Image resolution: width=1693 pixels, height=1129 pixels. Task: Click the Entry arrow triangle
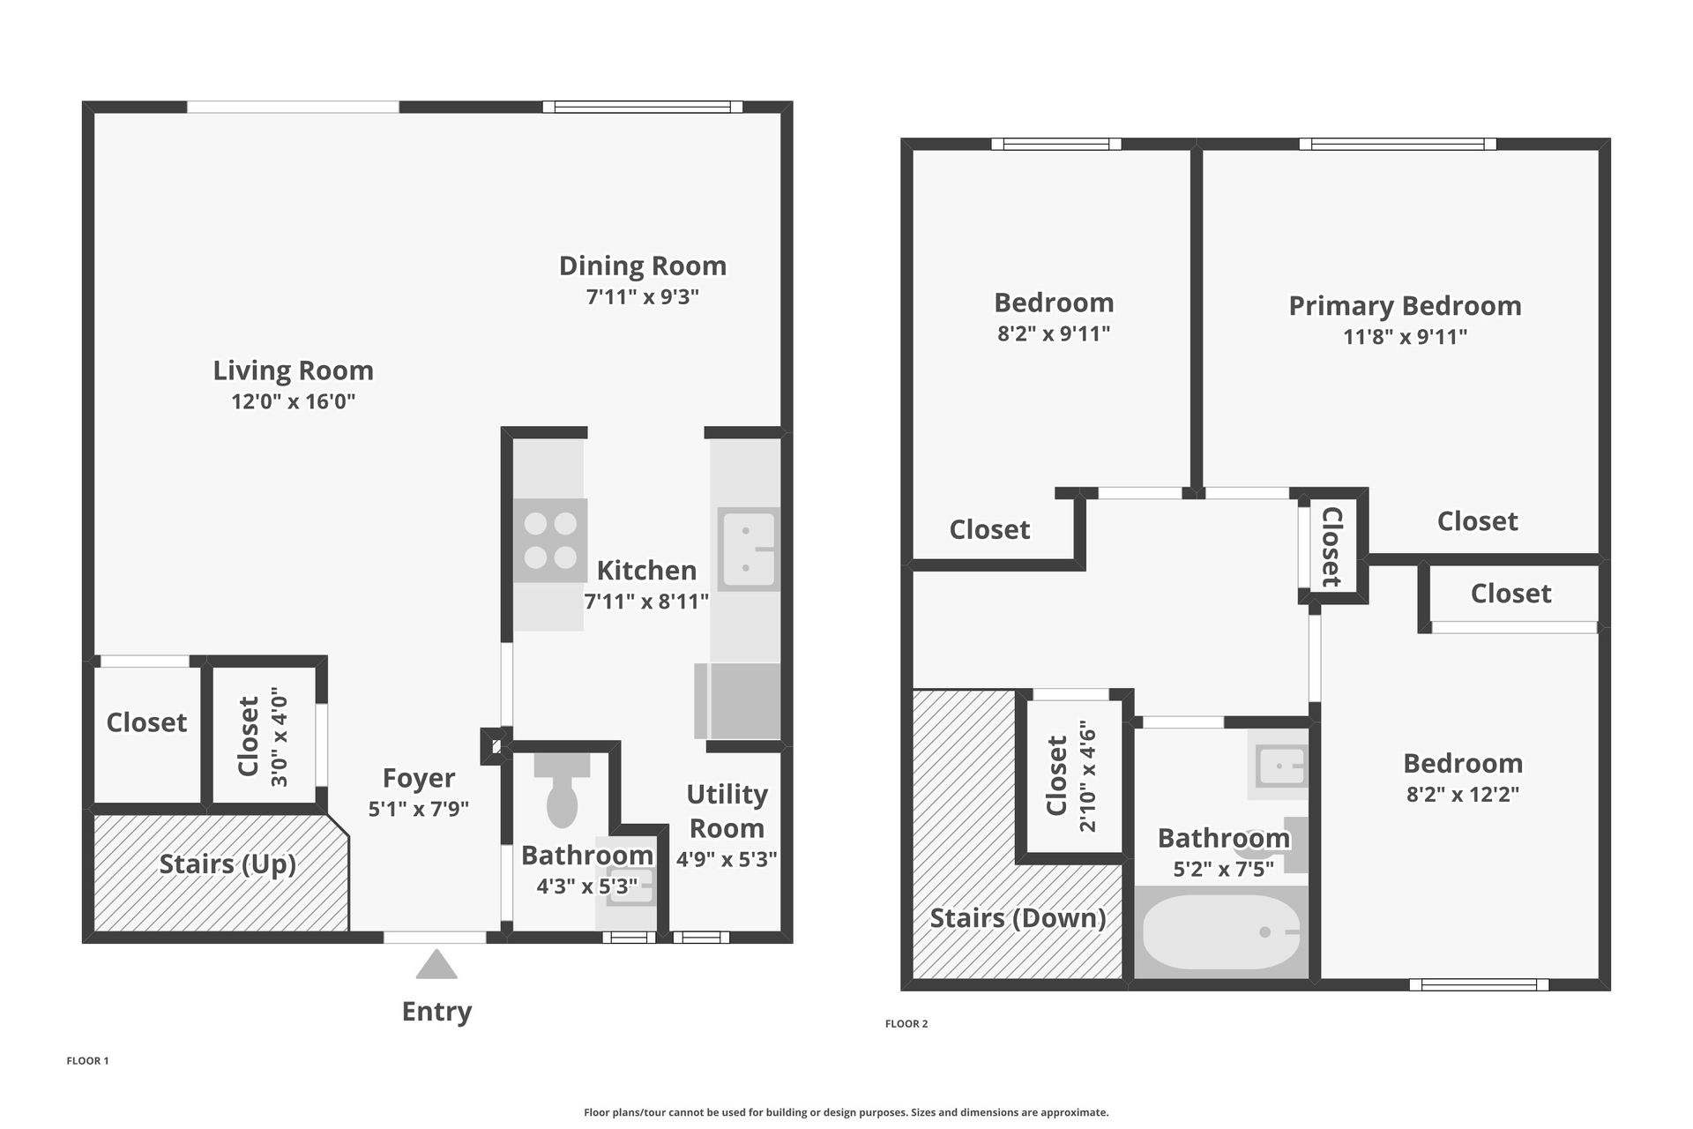[x=436, y=965]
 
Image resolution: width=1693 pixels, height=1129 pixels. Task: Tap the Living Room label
[x=293, y=370]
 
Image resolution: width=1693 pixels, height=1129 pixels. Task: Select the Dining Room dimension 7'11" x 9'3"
[x=643, y=296]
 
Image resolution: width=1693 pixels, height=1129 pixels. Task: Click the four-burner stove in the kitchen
[x=550, y=541]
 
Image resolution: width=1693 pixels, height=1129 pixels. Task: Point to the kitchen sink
[x=748, y=549]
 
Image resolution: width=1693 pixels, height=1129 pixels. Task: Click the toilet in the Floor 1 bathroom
[x=562, y=789]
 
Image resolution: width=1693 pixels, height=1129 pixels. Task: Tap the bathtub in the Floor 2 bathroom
[x=1221, y=932]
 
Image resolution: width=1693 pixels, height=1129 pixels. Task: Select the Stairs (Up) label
[x=227, y=864]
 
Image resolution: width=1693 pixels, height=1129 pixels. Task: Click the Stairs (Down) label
[x=1018, y=918]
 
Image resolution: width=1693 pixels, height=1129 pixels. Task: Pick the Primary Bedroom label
[x=1405, y=306]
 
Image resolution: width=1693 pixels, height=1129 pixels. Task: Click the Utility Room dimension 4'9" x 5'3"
[x=727, y=859]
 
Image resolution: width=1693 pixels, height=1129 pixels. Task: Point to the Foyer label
[x=419, y=778]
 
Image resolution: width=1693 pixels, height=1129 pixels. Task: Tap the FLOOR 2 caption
[x=906, y=1024]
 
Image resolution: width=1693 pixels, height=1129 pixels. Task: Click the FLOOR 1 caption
[x=87, y=1061]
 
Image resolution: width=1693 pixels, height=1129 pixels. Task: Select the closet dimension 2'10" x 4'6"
[x=1087, y=776]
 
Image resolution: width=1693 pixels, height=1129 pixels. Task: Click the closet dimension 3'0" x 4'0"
[x=280, y=737]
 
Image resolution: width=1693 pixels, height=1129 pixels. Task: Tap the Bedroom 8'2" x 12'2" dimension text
[x=1463, y=794]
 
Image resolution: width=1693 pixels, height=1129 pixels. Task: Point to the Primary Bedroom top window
[x=1398, y=144]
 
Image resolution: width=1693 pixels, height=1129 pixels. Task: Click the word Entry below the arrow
[x=436, y=1012]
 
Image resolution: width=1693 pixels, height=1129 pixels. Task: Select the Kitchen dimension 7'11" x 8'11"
[x=646, y=602]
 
